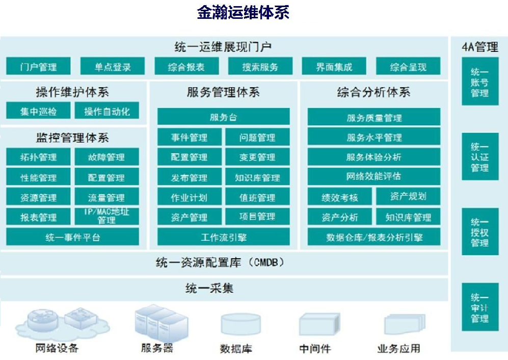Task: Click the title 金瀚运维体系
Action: pos(243,13)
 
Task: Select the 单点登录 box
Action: pos(113,66)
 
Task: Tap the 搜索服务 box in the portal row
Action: pos(260,66)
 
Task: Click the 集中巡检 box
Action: pos(38,110)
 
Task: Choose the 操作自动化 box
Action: pos(107,110)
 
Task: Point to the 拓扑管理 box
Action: pos(38,157)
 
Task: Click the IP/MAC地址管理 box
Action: pos(107,216)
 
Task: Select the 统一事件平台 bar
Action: pos(72,237)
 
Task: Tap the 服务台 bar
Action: pos(224,117)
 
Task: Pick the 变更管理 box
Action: pos(257,157)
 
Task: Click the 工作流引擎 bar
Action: pos(224,237)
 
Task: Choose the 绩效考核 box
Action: pos(339,197)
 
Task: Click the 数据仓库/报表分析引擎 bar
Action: pos(374,237)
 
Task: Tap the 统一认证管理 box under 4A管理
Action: pos(480,157)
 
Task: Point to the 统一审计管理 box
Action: pos(480,307)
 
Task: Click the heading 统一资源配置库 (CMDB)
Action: pos(220,262)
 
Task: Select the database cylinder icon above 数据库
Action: pos(240,324)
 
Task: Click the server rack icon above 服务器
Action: pos(162,323)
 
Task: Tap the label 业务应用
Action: pos(399,348)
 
